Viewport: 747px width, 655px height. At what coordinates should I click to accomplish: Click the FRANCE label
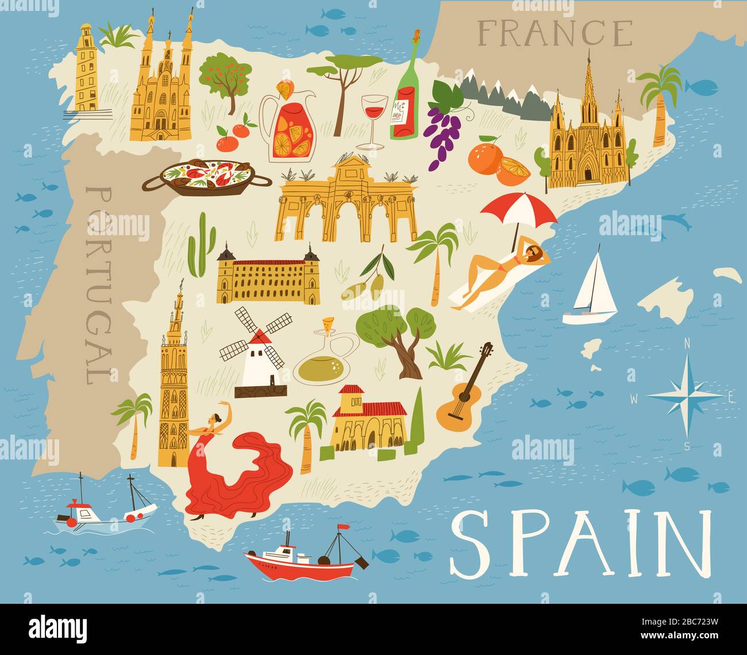point(555,33)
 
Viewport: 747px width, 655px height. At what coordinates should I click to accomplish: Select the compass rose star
point(686,396)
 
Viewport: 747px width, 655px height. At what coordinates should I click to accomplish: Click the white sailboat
point(591,290)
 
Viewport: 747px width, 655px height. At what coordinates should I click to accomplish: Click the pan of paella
point(207,175)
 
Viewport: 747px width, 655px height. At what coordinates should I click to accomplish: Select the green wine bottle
point(406,92)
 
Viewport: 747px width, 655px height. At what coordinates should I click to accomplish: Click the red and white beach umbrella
point(518,210)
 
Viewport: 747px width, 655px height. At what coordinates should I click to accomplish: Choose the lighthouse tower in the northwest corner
point(86,69)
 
